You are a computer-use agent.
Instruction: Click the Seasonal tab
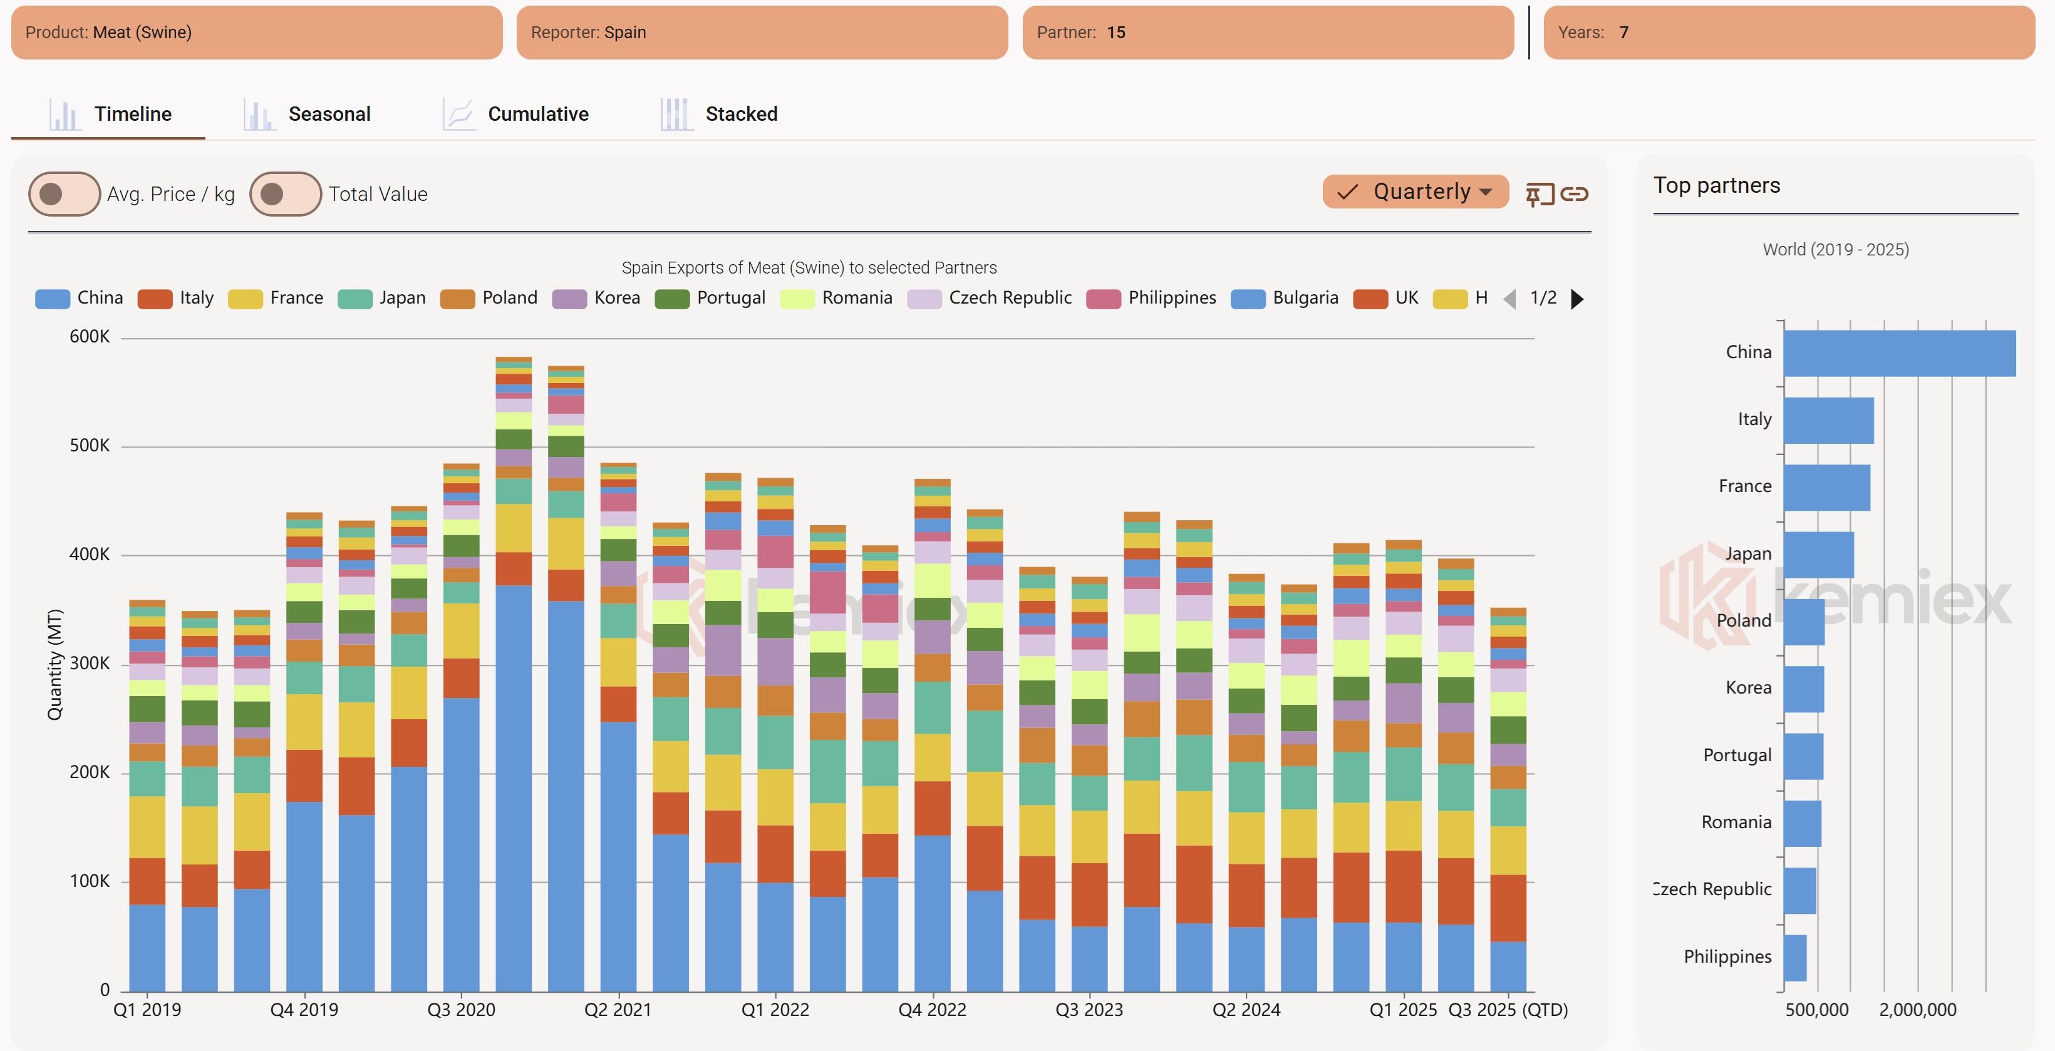308,114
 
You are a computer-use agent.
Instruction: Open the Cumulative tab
516,114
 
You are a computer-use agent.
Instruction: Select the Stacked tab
720,114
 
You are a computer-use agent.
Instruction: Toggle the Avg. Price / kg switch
64,194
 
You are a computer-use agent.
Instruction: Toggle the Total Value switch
285,194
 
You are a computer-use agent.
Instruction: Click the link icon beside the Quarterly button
1574,194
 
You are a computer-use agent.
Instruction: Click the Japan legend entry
382,298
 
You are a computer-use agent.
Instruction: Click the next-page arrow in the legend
1577,299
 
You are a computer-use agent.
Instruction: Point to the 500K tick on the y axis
90,446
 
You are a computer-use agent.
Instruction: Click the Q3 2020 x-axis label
461,1010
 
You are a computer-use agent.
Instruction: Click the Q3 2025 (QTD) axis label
1508,1010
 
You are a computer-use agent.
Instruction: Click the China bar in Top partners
1898,353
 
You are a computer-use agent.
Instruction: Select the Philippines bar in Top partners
1795,958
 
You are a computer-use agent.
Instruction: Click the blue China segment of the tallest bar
513,789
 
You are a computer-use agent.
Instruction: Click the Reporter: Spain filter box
762,33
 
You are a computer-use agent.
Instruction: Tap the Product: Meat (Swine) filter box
256,33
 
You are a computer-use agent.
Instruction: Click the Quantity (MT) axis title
54,664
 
